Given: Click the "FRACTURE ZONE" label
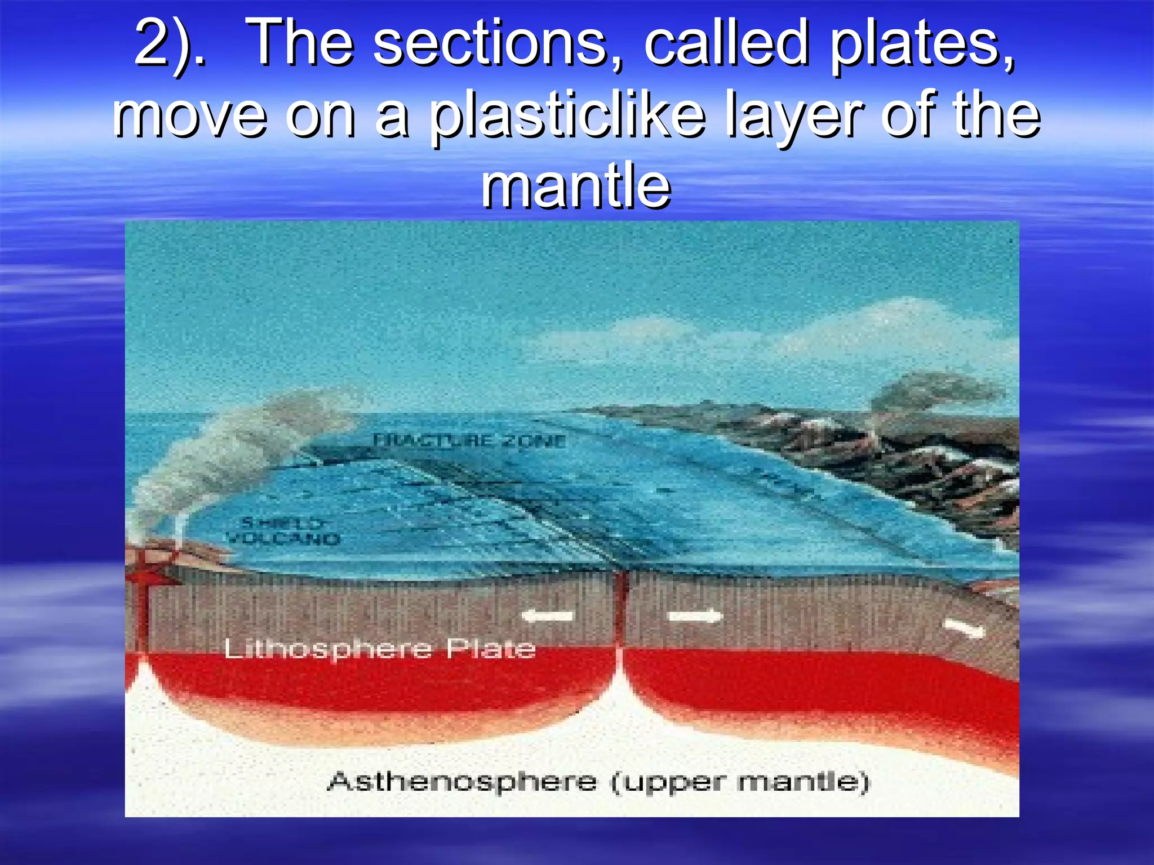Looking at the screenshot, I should point(469,441).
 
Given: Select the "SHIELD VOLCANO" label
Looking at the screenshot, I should point(283,531).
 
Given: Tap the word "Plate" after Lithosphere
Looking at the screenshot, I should point(491,649).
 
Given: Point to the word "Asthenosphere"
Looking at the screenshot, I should point(462,782).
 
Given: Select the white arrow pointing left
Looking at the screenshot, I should point(547,616).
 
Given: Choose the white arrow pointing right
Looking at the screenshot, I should point(695,616).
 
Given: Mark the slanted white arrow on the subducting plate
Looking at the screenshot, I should point(964,628).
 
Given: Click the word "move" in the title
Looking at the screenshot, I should point(189,116).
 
